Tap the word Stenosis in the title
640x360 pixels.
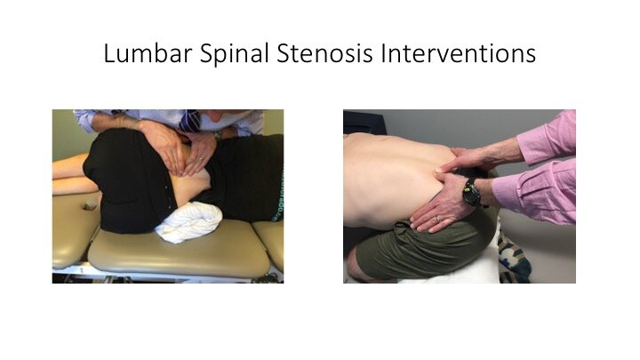(x=325, y=53)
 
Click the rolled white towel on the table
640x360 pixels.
(x=189, y=222)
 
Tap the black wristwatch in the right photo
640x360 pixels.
(x=472, y=191)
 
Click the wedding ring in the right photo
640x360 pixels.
(x=438, y=219)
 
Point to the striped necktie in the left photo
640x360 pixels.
(x=190, y=121)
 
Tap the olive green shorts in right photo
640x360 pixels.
(x=425, y=248)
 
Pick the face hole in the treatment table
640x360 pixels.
(x=90, y=205)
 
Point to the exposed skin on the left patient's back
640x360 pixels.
(x=190, y=180)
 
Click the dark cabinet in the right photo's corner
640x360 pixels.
(x=364, y=122)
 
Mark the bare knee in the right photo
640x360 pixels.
(x=355, y=272)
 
